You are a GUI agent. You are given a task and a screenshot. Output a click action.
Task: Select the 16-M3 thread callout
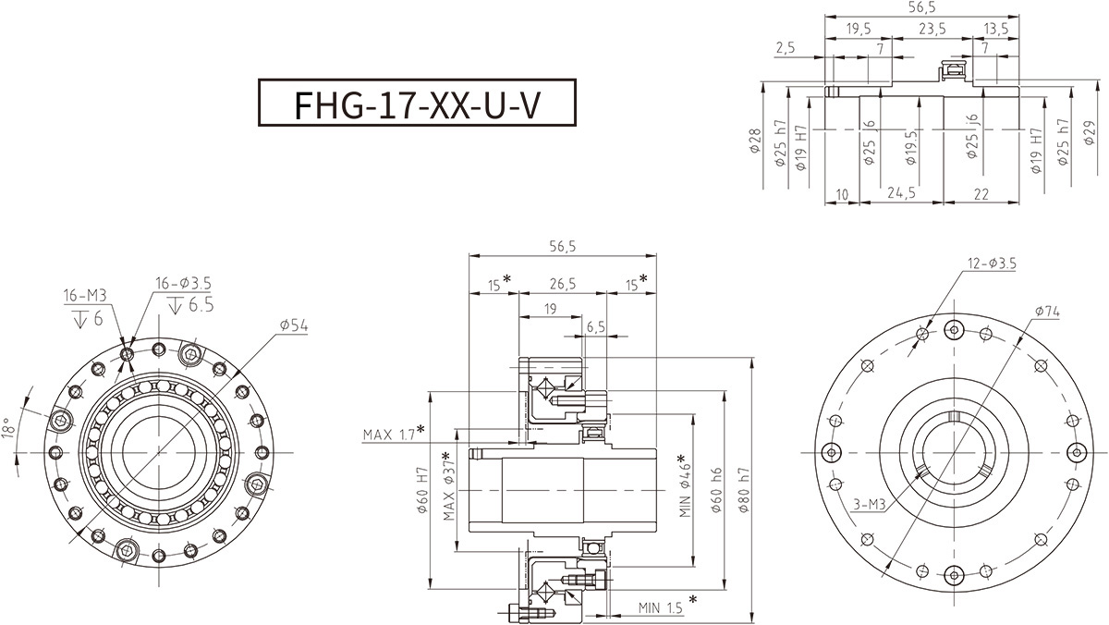click(x=85, y=296)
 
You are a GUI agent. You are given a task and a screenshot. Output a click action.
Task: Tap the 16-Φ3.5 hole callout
click(x=183, y=283)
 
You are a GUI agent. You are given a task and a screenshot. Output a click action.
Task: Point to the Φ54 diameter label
click(x=295, y=325)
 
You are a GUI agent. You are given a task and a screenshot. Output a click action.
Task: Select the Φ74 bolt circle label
click(x=1046, y=312)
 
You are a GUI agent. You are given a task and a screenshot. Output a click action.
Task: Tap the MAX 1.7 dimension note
click(x=393, y=433)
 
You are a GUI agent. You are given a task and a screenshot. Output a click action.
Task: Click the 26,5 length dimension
click(x=560, y=284)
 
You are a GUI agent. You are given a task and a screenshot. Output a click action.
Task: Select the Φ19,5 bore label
click(x=912, y=146)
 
